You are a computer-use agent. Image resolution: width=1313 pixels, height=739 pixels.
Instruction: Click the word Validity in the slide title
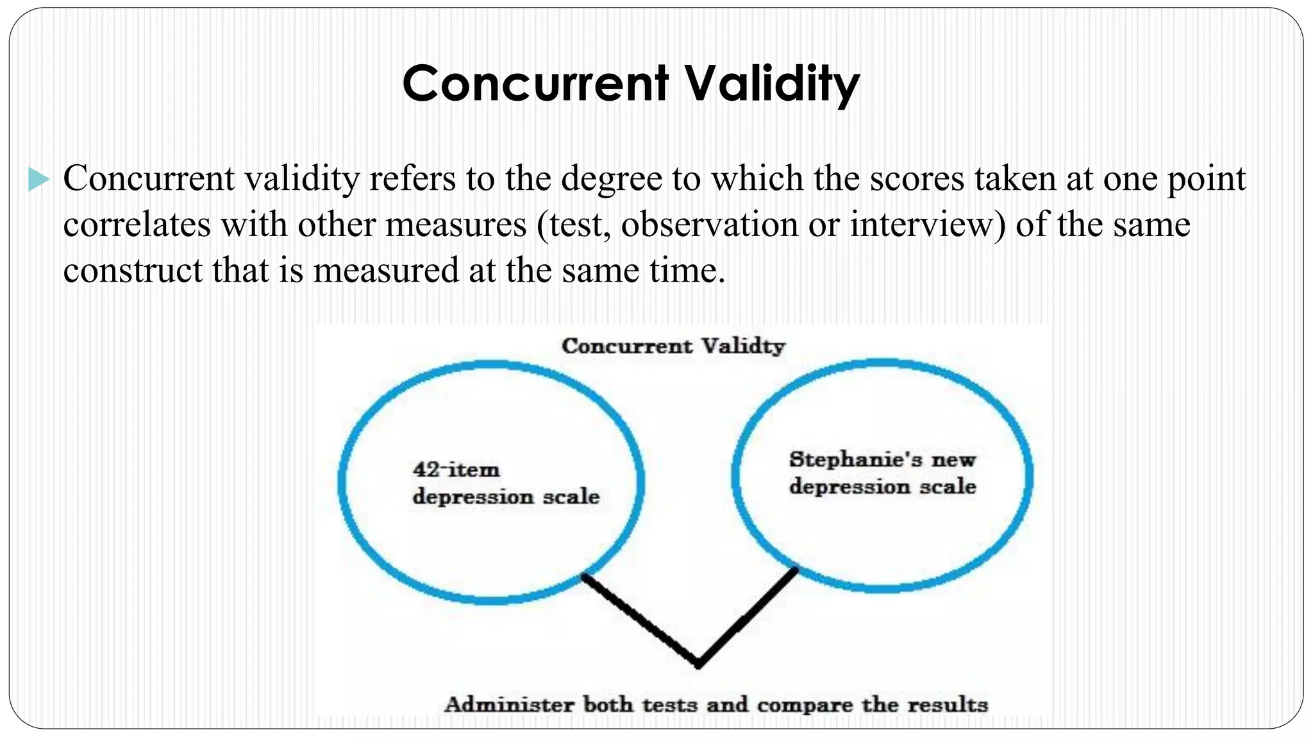[772, 84]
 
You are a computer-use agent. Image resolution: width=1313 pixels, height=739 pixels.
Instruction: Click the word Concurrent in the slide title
[535, 84]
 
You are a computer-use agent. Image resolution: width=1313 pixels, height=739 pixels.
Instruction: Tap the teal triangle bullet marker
[38, 179]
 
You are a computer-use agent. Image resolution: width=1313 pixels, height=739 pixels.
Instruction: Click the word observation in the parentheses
[709, 225]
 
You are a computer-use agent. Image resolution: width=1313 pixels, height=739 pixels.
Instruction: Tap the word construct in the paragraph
[132, 270]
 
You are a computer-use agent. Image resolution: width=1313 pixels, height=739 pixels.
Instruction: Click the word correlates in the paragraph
[137, 225]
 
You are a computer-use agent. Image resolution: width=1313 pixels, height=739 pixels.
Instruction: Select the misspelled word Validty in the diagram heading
[743, 346]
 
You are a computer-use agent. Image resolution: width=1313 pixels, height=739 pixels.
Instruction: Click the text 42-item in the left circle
[456, 470]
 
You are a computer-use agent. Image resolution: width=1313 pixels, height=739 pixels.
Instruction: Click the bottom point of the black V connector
[698, 665]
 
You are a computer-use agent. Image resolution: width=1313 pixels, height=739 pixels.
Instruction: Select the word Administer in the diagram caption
[509, 704]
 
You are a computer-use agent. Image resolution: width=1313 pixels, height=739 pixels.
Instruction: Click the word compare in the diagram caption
[805, 705]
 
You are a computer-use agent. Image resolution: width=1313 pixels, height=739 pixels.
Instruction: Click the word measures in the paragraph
[455, 225]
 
